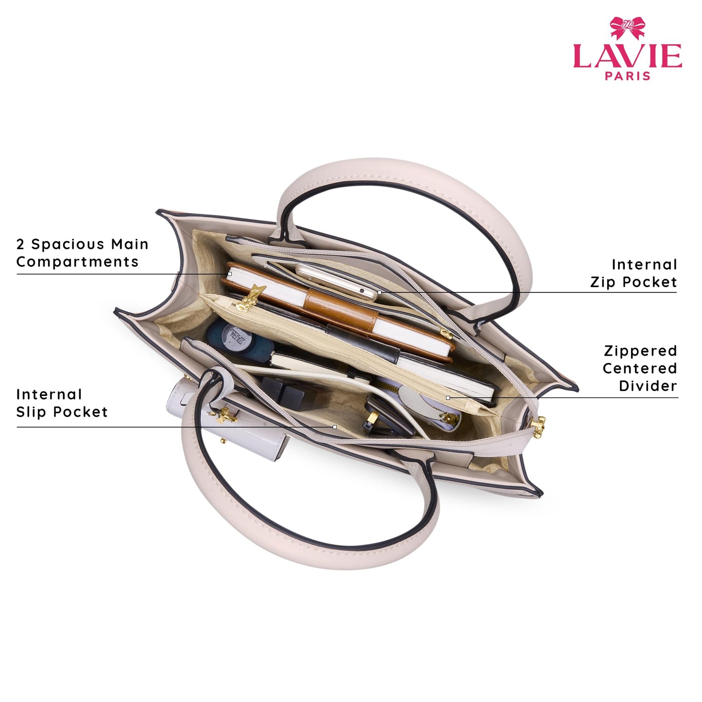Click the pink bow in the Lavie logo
pyautogui.click(x=627, y=28)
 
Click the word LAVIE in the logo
pyautogui.click(x=627, y=56)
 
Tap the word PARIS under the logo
pyautogui.click(x=627, y=76)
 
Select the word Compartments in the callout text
pyautogui.click(x=77, y=262)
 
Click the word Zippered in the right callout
pyautogui.click(x=640, y=351)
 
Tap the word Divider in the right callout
pyautogui.click(x=648, y=386)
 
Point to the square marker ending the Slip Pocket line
pyautogui.click(x=334, y=427)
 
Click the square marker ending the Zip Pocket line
pyautogui.click(x=379, y=292)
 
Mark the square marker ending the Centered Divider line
pyautogui.click(x=448, y=398)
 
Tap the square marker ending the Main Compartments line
pyautogui.click(x=229, y=274)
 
